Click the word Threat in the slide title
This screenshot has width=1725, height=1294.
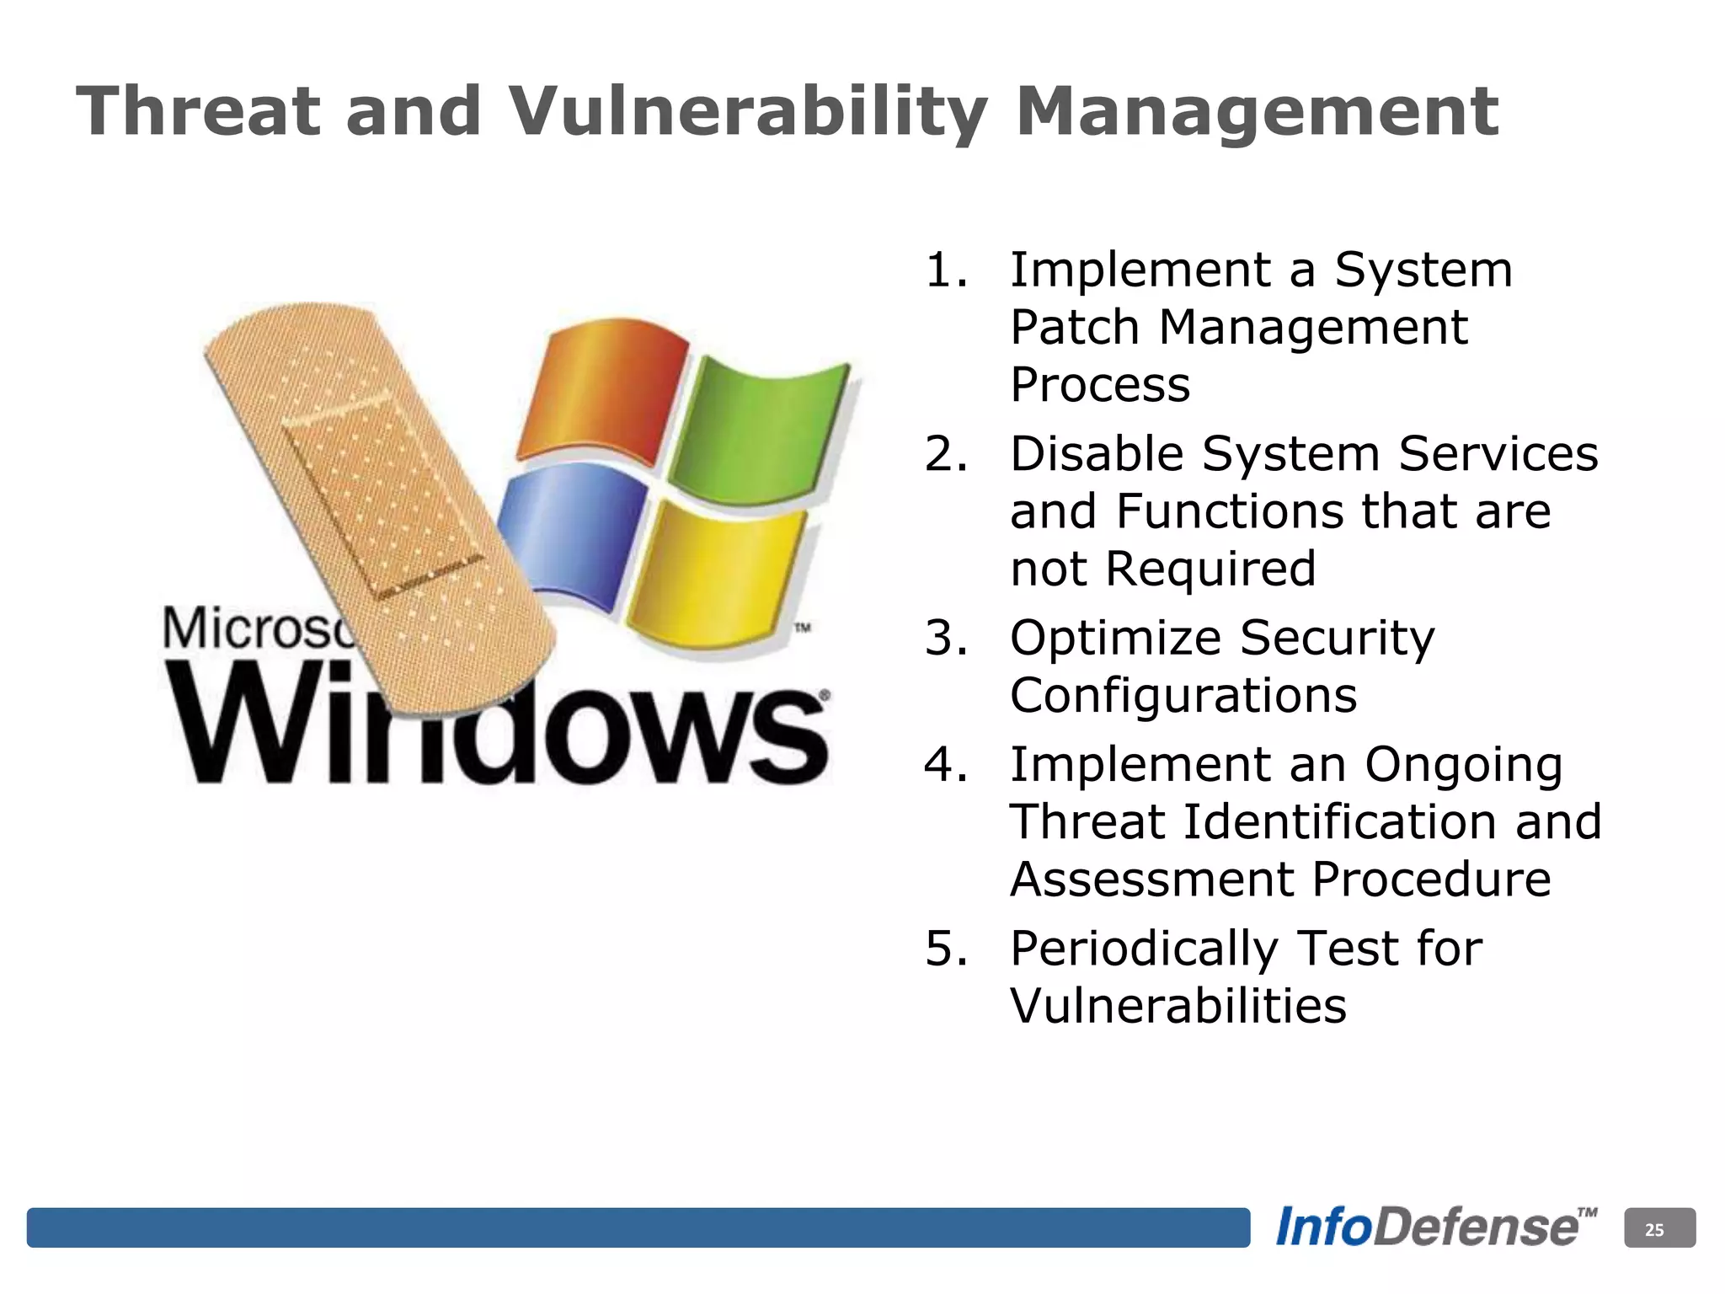pos(198,111)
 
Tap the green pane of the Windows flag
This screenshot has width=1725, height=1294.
pos(758,430)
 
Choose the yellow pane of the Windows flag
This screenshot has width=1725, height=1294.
pos(716,573)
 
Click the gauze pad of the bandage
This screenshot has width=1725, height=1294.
pos(383,497)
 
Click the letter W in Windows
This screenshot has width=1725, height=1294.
pos(244,725)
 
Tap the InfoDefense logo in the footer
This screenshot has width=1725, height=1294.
pos(1434,1227)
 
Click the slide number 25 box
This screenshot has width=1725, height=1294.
pos(1658,1228)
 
